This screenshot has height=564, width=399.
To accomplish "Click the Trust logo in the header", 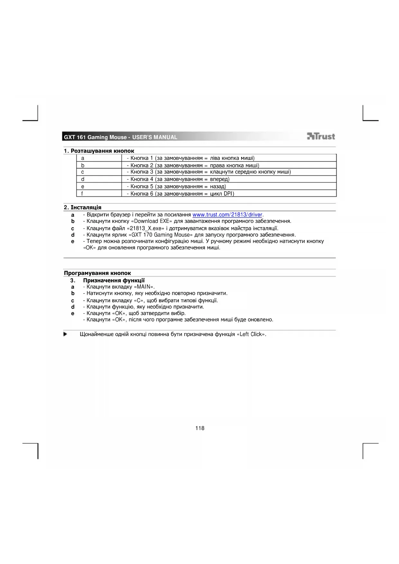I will coord(321,136).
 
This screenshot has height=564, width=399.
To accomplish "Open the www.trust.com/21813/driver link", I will coord(228,215).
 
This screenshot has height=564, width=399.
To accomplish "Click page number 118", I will coord(200,428).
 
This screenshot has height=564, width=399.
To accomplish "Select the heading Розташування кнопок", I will coord(102,151).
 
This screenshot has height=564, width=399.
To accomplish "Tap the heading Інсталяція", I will coord(86,207).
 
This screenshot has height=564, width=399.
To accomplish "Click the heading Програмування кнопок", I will coord(97,273).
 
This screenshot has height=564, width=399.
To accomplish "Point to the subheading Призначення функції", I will coord(114,280).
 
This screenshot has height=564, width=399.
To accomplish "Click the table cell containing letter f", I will coord(99,194).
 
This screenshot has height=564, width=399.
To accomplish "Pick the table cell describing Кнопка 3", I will coord(229,172).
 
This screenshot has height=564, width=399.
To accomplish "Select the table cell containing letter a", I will coord(99,158).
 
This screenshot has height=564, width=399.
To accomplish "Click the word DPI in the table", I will coord(228,194).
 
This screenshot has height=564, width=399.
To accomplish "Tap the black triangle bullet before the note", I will coord(65,334).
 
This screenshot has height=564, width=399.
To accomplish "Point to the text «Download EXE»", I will coord(151,221).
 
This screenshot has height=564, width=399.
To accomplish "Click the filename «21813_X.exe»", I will coord(145,228).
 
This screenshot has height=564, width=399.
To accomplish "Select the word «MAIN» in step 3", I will coord(143,287).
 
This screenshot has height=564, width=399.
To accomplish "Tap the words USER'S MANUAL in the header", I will coord(155,137).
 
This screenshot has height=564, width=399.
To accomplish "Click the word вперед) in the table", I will coord(220,179).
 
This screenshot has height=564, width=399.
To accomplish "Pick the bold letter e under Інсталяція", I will coord(73,241).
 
